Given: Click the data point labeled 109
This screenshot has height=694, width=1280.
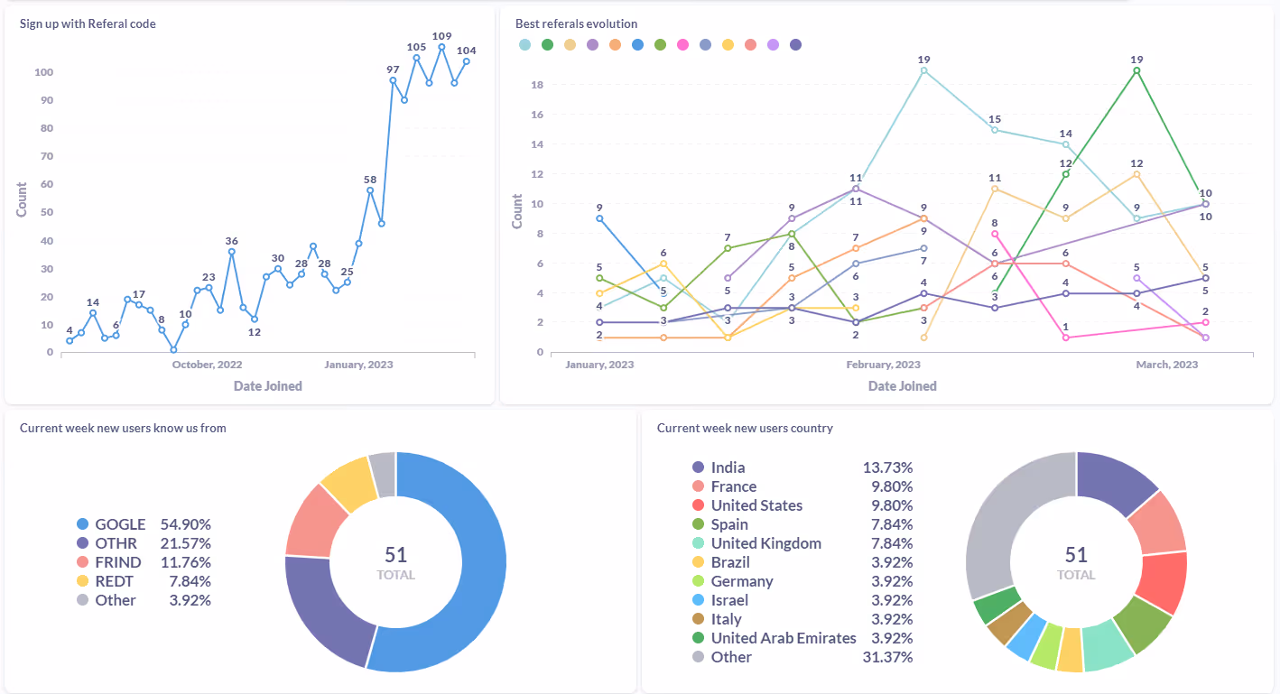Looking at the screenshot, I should (x=441, y=47).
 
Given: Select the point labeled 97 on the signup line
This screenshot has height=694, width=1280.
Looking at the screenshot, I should (x=393, y=80).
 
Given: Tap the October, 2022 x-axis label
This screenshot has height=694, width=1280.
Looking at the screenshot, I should (x=208, y=365).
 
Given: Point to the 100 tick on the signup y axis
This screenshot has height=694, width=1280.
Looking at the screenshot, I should (x=43, y=72).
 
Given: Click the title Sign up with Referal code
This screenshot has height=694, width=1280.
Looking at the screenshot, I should (x=88, y=23).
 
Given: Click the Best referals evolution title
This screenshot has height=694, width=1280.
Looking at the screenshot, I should (x=576, y=23).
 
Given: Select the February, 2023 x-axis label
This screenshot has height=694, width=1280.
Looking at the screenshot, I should (x=883, y=365).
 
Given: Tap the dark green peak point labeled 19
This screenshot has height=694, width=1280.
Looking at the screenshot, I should (x=1136, y=70).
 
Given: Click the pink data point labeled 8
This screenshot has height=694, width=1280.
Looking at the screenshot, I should (x=995, y=234).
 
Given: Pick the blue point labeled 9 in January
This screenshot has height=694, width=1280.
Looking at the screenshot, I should (x=599, y=218).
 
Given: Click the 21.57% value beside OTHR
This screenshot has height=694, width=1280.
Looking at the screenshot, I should (x=185, y=543).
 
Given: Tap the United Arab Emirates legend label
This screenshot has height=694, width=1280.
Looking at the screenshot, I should (x=783, y=638).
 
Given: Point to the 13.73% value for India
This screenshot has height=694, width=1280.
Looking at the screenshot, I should (x=887, y=467).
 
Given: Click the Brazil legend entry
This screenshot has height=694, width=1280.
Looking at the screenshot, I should (x=729, y=562).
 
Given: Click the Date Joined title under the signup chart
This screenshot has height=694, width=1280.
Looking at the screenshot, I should (x=267, y=386).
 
